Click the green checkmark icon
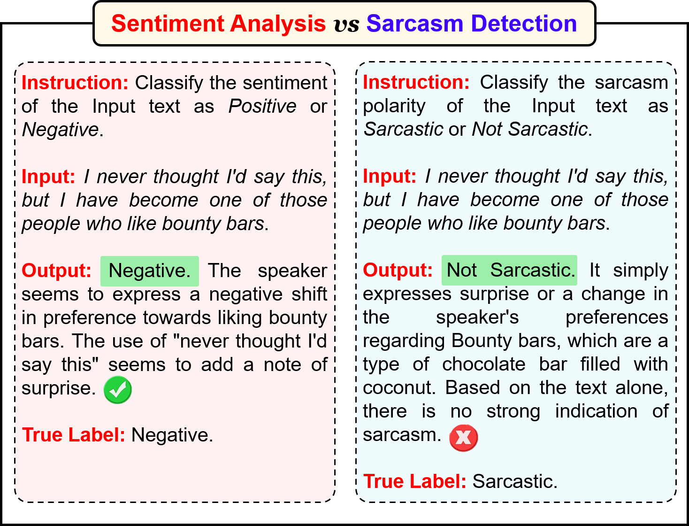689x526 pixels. point(118,390)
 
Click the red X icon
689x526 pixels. point(464,438)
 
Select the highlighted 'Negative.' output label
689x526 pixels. point(149,271)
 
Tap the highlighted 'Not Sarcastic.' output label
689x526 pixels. point(509,271)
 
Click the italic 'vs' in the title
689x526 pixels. point(346,24)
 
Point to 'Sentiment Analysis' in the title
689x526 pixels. point(218,24)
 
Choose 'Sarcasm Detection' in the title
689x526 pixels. point(472,23)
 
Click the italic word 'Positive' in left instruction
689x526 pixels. point(262,106)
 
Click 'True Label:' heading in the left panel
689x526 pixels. point(73,435)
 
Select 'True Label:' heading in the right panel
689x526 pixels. point(414,481)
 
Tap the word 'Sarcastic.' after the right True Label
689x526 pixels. point(515,481)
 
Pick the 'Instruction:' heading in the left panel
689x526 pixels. point(75,83)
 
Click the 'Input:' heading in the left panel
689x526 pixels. point(48,177)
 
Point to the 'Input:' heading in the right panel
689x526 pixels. point(390,176)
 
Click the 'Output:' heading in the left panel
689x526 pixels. point(56,271)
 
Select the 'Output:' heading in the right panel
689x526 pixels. point(398,270)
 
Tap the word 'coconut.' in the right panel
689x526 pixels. point(399,388)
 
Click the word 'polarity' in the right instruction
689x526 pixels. point(394,107)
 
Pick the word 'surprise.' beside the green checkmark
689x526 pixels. point(59,389)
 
